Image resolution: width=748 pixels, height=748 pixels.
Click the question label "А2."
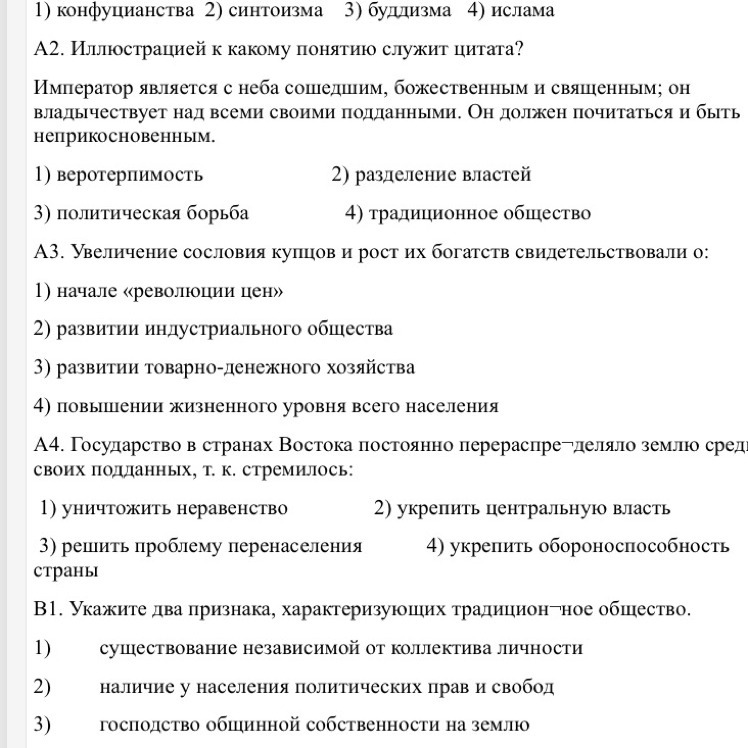click(50, 50)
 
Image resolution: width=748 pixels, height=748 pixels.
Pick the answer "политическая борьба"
click(153, 213)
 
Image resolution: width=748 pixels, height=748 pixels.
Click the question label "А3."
click(50, 252)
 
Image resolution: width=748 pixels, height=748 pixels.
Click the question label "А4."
click(50, 445)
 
